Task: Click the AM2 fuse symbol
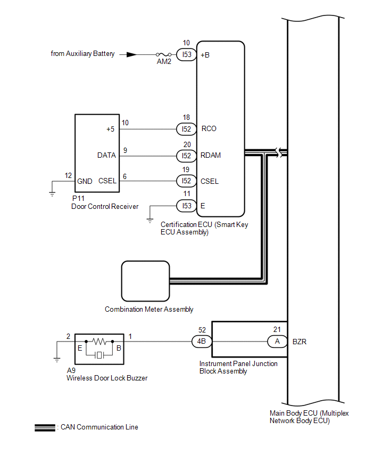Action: click(164, 54)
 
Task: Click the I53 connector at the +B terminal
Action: click(187, 54)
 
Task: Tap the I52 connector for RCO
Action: click(187, 129)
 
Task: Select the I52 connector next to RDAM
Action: click(187, 156)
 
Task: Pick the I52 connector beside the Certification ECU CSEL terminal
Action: click(187, 181)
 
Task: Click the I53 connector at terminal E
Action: click(187, 206)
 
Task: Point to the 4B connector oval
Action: click(202, 342)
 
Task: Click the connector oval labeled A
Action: click(277, 342)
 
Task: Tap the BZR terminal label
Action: click(300, 342)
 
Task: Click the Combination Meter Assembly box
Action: click(145, 281)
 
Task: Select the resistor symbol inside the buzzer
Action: click(99, 342)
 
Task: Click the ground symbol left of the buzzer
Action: click(57, 360)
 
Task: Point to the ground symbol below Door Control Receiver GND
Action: click(52, 194)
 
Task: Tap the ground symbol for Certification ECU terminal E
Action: click(150, 221)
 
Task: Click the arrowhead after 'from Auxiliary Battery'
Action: click(131, 54)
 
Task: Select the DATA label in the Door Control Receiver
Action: click(107, 155)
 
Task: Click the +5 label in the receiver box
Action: click(111, 129)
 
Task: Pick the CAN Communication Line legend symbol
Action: click(45, 428)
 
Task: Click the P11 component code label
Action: click(78, 198)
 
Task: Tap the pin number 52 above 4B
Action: click(202, 330)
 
